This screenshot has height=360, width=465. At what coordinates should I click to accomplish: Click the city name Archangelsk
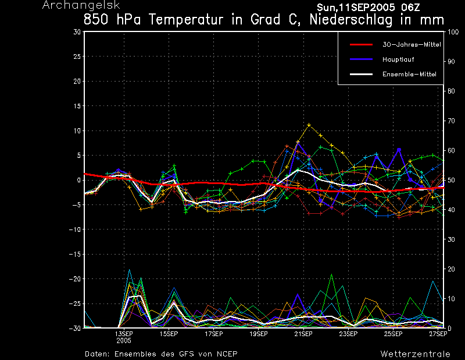click(x=81, y=5)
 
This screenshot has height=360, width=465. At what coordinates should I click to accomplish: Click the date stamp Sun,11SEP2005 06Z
click(x=369, y=8)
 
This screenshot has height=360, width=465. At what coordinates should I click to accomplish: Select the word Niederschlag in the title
click(x=351, y=20)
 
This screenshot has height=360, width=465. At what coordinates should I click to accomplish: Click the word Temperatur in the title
click(x=186, y=20)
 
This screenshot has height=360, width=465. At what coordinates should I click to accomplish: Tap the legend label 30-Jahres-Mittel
click(x=412, y=45)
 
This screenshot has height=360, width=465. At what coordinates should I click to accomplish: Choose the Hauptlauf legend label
click(x=398, y=59)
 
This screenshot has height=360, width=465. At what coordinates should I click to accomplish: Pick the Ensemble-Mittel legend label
click(x=409, y=74)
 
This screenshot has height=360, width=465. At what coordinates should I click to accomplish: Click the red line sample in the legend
click(x=361, y=45)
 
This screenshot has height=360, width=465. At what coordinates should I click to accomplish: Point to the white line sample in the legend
click(x=361, y=74)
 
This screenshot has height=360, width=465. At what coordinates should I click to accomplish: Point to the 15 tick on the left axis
click(x=77, y=106)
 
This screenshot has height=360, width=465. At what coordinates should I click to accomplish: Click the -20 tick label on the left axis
click(x=75, y=279)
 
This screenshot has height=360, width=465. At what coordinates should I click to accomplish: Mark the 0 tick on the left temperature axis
click(x=79, y=180)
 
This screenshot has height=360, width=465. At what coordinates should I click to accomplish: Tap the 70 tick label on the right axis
click(x=451, y=121)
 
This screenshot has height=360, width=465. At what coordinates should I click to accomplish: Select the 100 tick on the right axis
click(x=453, y=32)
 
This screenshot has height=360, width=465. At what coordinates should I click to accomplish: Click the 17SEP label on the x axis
click(x=213, y=334)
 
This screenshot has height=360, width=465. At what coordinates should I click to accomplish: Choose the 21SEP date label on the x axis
click(x=303, y=334)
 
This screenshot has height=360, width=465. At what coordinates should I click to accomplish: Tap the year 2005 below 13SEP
click(x=124, y=340)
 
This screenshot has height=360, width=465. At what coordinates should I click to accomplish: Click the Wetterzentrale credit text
click(x=416, y=354)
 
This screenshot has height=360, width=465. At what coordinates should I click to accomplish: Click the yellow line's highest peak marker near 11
click(x=309, y=125)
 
